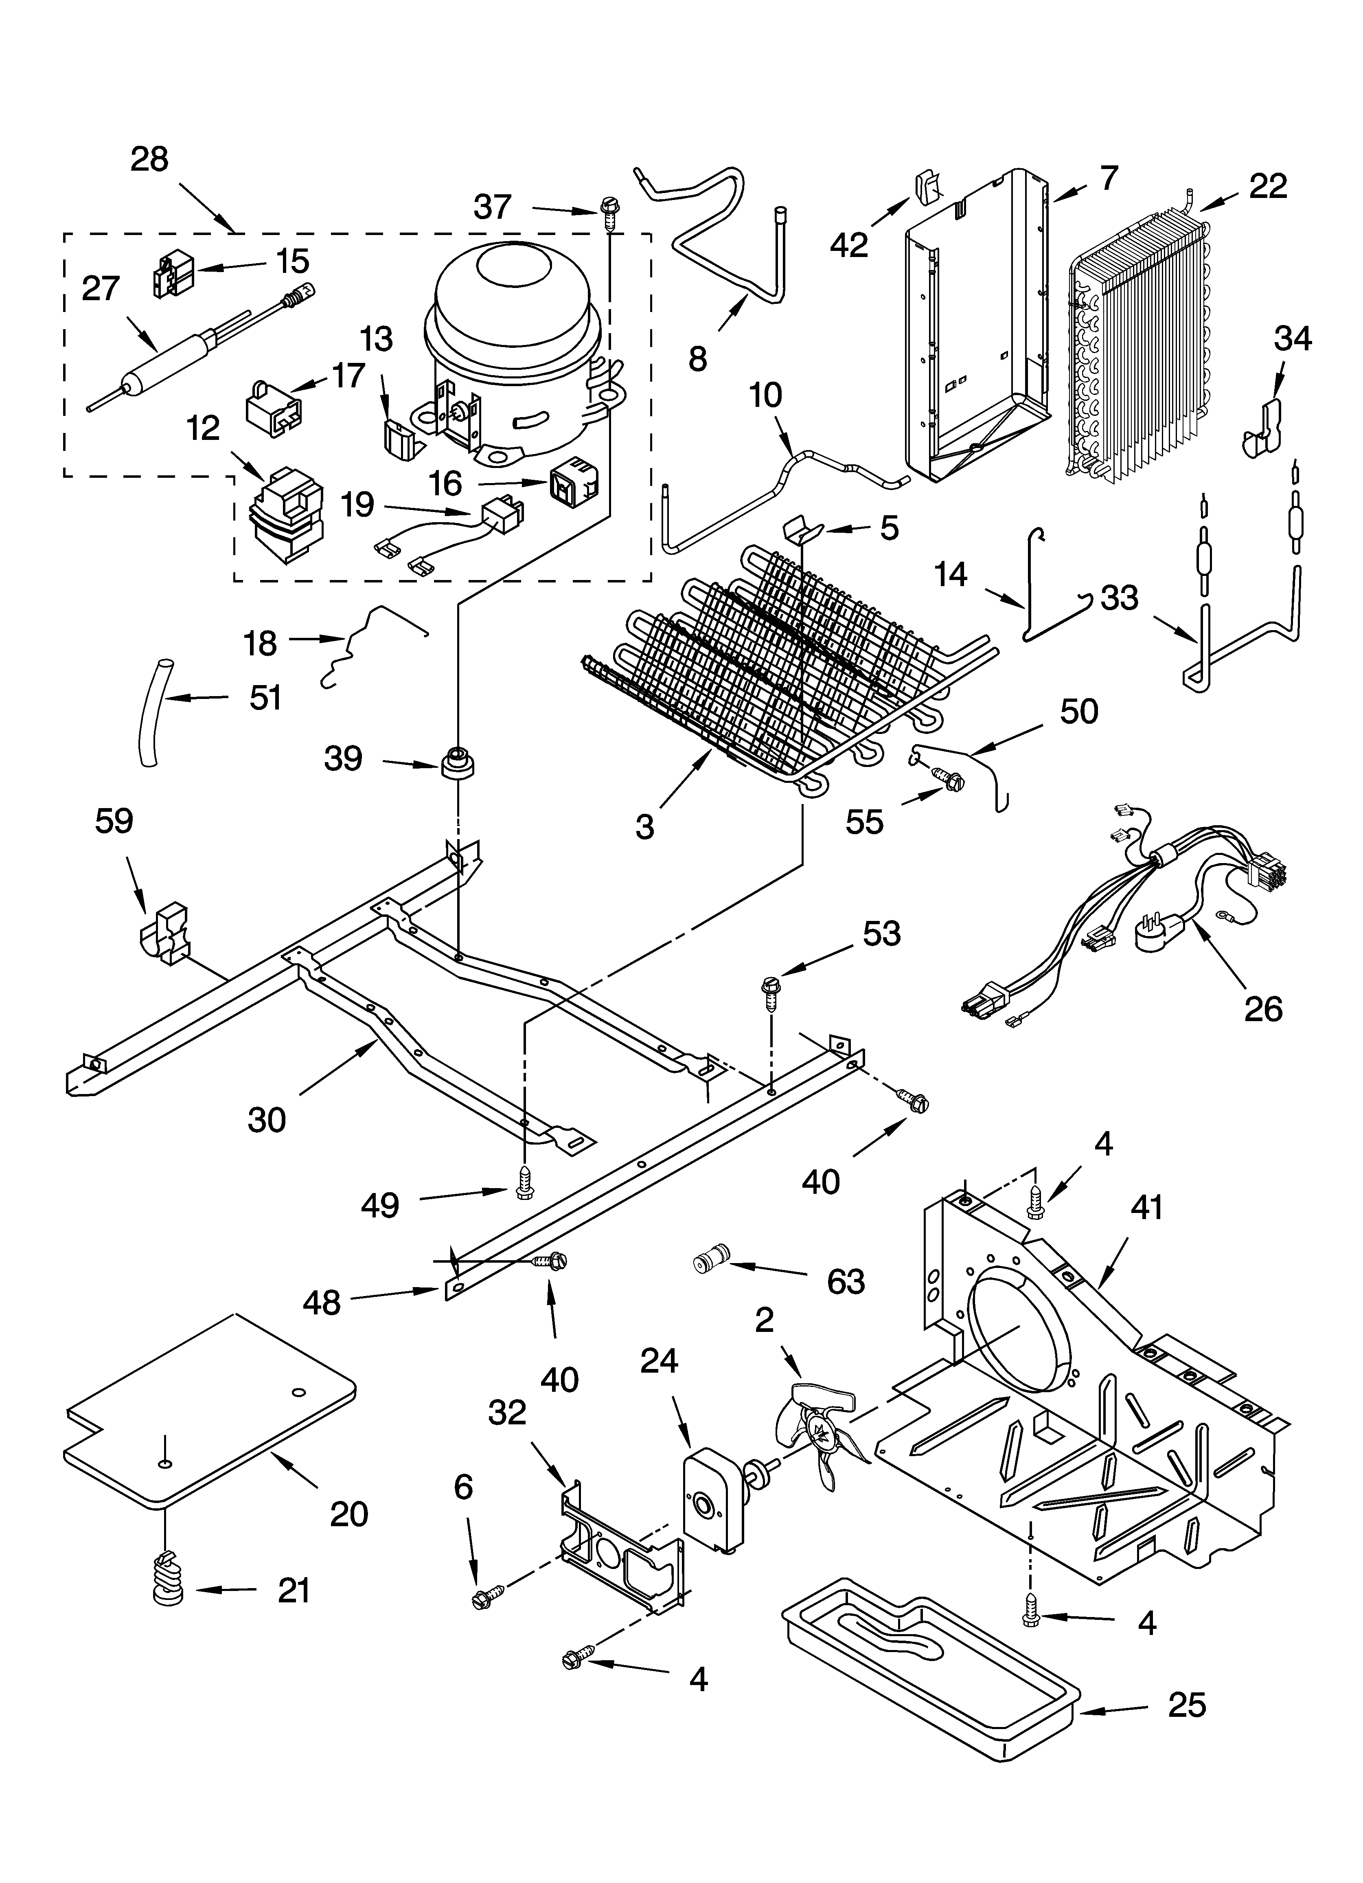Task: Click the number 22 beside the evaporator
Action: [1268, 186]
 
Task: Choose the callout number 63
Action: [846, 1282]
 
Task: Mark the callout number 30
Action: [267, 1120]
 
